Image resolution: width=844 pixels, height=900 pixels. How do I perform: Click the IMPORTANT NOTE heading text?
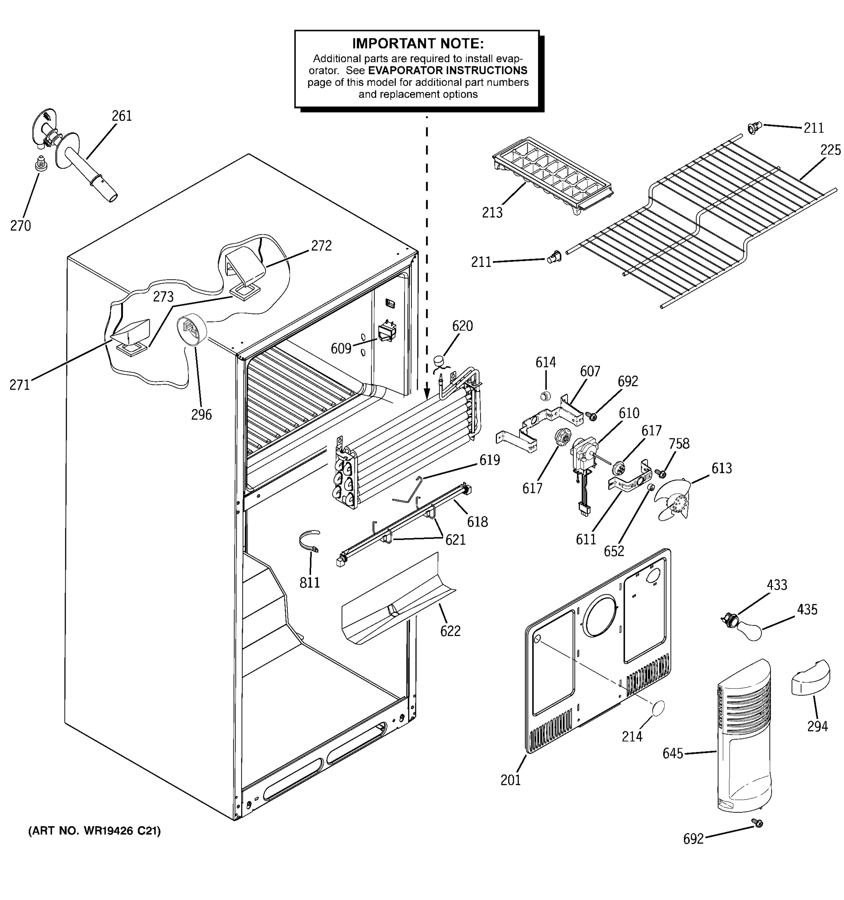pyautogui.click(x=417, y=43)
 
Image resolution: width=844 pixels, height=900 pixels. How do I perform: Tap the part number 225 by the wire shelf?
pyautogui.click(x=830, y=150)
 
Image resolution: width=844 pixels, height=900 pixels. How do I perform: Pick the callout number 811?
pyautogui.click(x=310, y=582)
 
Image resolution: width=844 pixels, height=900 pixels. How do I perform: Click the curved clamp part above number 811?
pyautogui.click(x=309, y=540)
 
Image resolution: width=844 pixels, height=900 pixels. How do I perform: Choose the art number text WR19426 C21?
pyautogui.click(x=94, y=831)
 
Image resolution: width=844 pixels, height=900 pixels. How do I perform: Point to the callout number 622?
pyautogui.click(x=450, y=631)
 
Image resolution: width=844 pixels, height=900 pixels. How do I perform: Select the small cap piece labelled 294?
pyautogui.click(x=811, y=678)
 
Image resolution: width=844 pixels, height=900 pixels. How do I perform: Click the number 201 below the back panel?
pyautogui.click(x=510, y=780)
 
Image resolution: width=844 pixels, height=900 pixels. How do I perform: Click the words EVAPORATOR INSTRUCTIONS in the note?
pyautogui.click(x=448, y=70)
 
